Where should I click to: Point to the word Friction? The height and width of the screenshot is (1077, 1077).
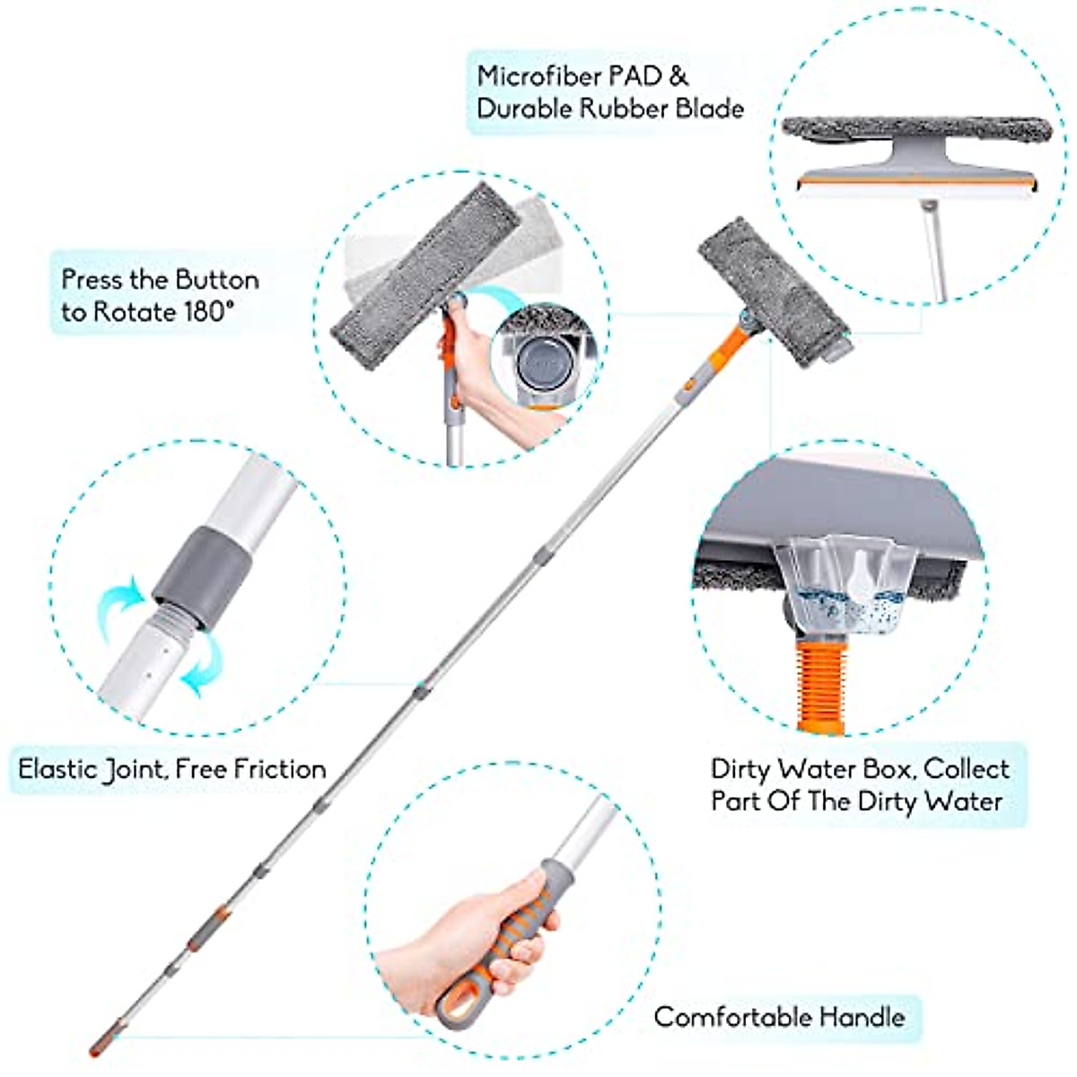[x=279, y=769]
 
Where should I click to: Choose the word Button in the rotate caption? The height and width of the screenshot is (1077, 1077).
[x=216, y=279]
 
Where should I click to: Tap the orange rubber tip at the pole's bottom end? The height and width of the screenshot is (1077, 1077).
[x=97, y=1045]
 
